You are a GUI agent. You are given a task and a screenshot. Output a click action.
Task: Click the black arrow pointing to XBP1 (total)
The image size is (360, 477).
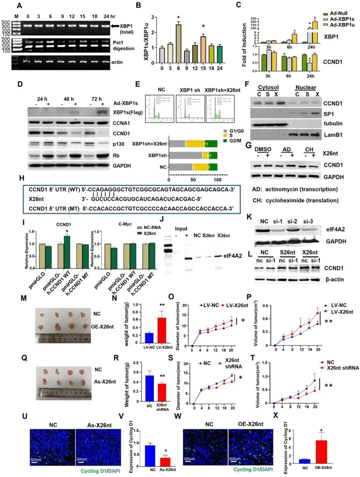click(x=115, y=26)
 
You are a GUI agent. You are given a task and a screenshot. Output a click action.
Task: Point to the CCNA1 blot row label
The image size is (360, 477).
click(x=121, y=123)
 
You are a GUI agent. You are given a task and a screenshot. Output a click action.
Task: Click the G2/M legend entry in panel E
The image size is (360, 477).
click(x=235, y=141)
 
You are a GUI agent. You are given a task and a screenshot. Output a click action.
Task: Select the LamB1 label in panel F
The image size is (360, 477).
click(x=333, y=135)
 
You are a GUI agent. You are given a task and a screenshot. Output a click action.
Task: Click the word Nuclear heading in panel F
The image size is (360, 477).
click(x=305, y=87)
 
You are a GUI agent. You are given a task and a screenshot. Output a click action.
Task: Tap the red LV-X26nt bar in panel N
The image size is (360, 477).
click(x=162, y=330)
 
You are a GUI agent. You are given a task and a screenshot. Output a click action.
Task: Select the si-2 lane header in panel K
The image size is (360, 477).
click(x=292, y=221)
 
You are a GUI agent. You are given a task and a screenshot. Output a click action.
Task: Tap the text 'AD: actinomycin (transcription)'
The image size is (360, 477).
click(x=295, y=189)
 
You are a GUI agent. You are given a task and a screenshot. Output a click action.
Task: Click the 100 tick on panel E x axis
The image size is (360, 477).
click(x=217, y=180)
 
